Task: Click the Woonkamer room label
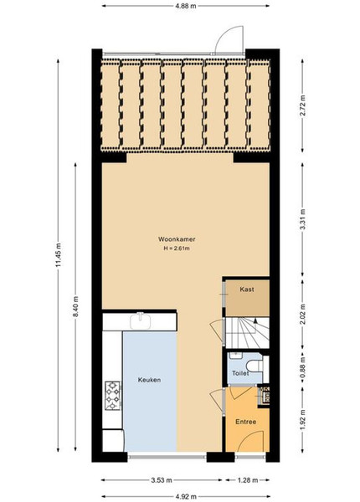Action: pyautogui.click(x=177, y=239)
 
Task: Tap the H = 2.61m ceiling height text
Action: pyautogui.click(x=177, y=248)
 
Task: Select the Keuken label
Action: pyautogui.click(x=149, y=380)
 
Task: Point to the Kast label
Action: pyautogui.click(x=247, y=289)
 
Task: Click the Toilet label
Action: pyautogui.click(x=240, y=373)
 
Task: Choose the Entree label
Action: pyautogui.click(x=246, y=422)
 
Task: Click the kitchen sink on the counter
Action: pyautogui.click(x=141, y=320)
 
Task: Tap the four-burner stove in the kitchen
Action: pyautogui.click(x=113, y=396)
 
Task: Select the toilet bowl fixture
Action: pyautogui.click(x=255, y=366)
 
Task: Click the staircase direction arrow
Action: pyautogui.click(x=255, y=320)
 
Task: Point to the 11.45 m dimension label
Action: pyautogui.click(x=58, y=255)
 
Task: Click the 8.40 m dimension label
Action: pyautogui.click(x=75, y=306)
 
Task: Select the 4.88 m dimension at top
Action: pyautogui.click(x=186, y=6)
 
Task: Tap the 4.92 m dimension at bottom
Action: pyautogui.click(x=186, y=496)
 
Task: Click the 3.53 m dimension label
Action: pyautogui.click(x=162, y=480)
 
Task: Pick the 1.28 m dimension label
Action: pyautogui.click(x=247, y=480)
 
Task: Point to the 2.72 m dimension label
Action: pyautogui.click(x=303, y=105)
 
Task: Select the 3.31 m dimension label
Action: pyautogui.click(x=303, y=219)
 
